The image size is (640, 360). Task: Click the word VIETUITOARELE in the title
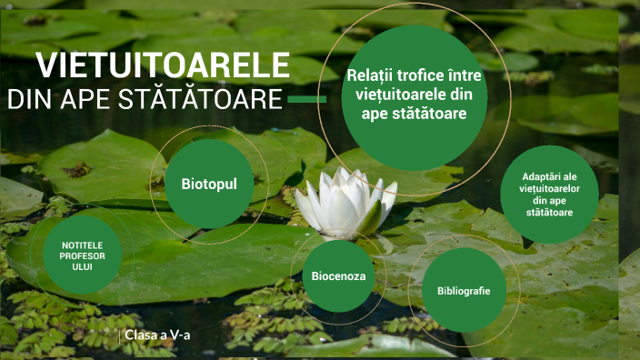[164, 66]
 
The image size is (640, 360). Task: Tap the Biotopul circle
[209, 184]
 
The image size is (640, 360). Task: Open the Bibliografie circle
[464, 291]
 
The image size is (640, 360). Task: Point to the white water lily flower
[346, 202]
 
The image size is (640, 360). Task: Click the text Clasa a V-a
[163, 335]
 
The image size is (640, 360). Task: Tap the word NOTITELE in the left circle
[83, 245]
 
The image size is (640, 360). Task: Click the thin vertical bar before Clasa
[121, 335]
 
